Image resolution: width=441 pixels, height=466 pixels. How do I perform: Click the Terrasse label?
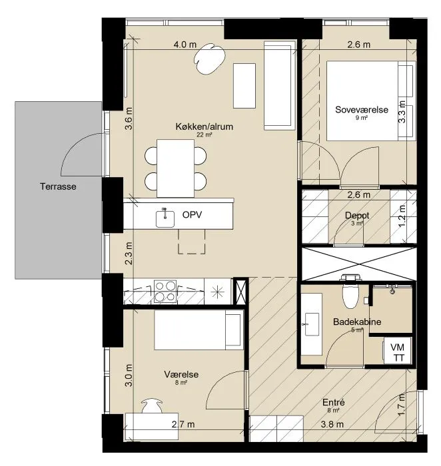point(58,186)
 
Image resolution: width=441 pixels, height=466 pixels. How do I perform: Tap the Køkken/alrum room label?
point(205,126)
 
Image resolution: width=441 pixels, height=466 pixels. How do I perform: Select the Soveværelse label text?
point(362,110)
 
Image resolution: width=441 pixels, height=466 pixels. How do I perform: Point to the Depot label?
point(357,215)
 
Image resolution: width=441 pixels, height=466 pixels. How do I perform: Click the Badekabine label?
point(357,322)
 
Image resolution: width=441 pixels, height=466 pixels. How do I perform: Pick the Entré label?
point(334,402)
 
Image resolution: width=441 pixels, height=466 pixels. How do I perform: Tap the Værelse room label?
point(181,374)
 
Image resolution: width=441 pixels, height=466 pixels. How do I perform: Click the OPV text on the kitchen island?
point(192,214)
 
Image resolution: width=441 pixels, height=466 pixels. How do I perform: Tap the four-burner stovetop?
point(165,292)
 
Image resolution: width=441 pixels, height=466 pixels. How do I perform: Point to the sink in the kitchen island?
point(165,218)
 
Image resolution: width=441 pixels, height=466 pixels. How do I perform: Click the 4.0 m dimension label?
point(185,45)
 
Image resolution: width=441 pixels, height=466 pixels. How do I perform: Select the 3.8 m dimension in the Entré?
point(332,425)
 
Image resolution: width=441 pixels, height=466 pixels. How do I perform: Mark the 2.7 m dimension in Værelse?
point(183,425)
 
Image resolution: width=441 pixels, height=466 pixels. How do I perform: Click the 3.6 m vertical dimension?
point(129,118)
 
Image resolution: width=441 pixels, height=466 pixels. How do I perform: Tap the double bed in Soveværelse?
point(370,101)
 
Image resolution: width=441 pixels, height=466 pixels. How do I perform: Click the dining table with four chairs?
point(175,168)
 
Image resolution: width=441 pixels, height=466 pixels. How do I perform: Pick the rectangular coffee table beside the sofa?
point(244,86)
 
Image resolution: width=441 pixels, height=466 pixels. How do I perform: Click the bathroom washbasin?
point(311,324)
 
